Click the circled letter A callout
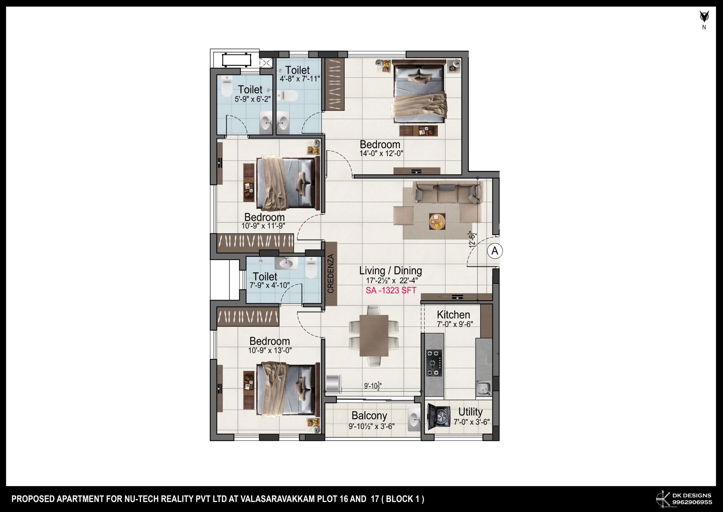(495, 251)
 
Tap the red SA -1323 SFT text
(391, 290)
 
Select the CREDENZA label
(331, 274)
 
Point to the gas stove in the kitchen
(434, 363)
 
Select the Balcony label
(369, 416)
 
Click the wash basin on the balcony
(414, 420)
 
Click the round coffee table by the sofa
(437, 221)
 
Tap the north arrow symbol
(704, 16)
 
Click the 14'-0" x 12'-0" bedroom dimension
(381, 154)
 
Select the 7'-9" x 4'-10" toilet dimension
(269, 285)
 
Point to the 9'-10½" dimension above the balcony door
(373, 386)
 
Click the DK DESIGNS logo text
(692, 495)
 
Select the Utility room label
(470, 412)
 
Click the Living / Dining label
(391, 271)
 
